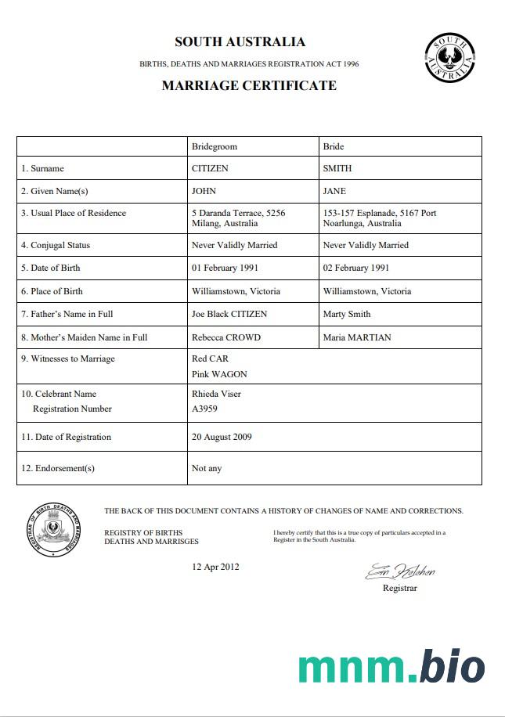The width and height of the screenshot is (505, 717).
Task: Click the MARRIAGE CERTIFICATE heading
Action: pos(249,85)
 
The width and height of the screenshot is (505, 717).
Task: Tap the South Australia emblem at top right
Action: pos(449,57)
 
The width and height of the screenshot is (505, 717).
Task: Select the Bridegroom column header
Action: pos(214,146)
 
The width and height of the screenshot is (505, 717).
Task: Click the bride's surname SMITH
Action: pos(337,168)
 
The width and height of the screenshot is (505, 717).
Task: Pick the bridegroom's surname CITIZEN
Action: pos(211,168)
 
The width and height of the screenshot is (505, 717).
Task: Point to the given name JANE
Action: pos(334,191)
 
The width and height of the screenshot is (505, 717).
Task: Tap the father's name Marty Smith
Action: pos(347,314)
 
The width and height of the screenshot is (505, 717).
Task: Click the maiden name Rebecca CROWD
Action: pos(226,337)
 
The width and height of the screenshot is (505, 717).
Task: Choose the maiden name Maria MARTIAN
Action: pos(357,337)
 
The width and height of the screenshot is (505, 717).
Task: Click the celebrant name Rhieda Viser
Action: pos(216,394)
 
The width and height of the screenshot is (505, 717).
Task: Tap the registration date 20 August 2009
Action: pos(222,437)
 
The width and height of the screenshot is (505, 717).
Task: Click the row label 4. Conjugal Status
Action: pos(56,245)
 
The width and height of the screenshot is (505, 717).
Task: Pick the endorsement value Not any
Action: pos(207,468)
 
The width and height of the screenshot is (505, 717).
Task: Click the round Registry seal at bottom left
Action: pos(54,529)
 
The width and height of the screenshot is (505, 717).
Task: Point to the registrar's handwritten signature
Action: pos(400,571)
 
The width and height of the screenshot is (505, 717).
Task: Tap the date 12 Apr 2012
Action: pos(215,567)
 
